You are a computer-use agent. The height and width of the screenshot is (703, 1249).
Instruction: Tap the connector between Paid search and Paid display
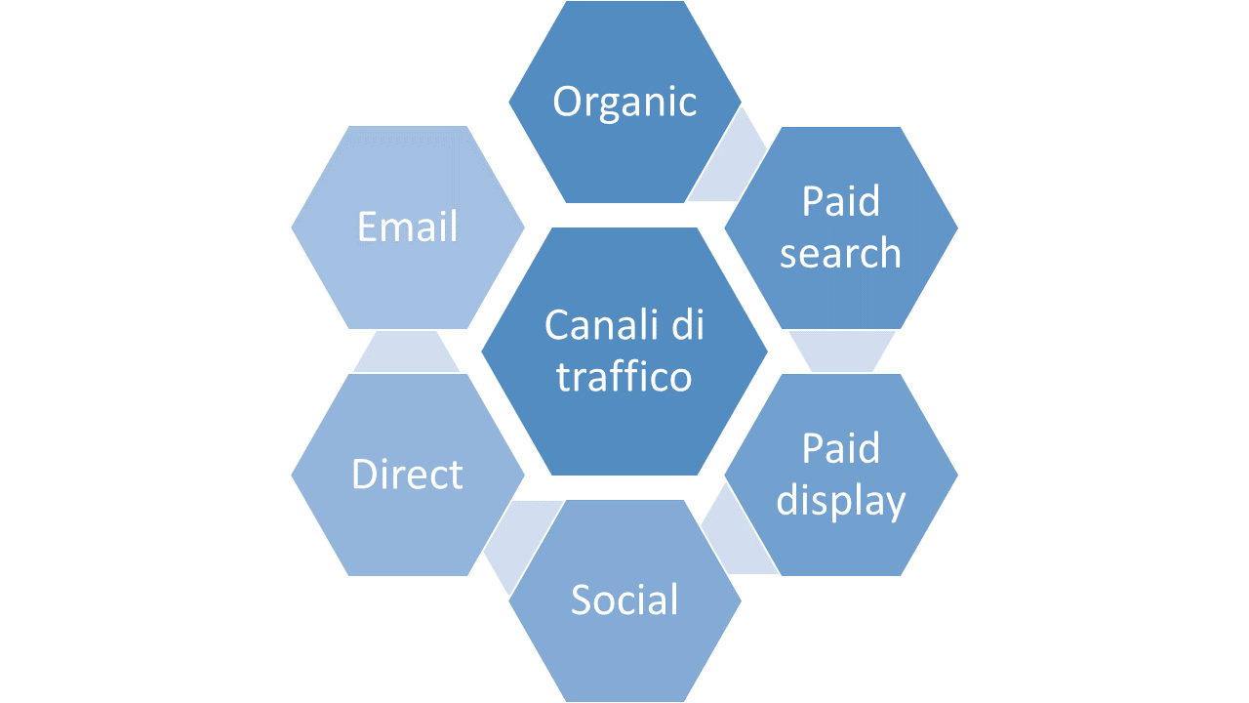coord(841,351)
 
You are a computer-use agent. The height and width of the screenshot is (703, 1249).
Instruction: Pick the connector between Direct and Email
coord(406,351)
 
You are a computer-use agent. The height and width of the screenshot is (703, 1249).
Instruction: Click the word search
coord(840,253)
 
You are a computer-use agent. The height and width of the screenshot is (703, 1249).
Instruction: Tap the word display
coord(840,501)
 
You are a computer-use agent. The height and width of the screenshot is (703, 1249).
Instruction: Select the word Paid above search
coord(840,201)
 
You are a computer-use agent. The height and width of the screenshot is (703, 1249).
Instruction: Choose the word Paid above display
coord(840,449)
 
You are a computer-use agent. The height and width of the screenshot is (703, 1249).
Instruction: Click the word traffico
coord(624,377)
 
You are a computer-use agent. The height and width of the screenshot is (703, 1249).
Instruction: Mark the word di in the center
coord(686,325)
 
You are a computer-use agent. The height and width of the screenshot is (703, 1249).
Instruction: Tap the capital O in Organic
coord(569,102)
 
